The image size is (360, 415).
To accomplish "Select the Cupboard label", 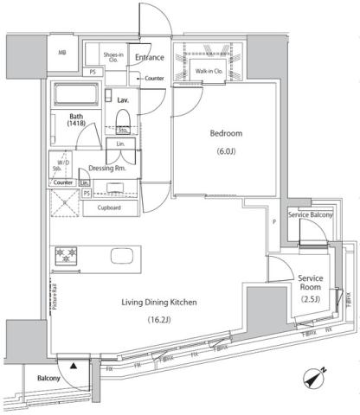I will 109,208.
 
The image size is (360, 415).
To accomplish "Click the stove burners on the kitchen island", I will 67,257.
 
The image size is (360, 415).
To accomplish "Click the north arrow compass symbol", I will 314,375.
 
